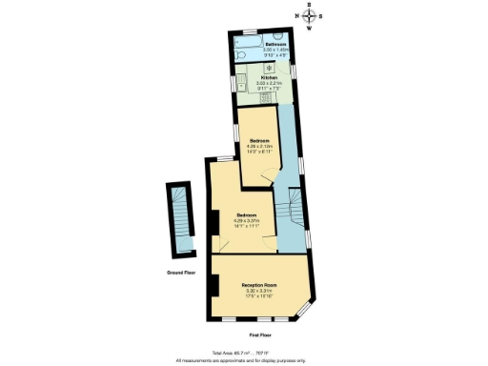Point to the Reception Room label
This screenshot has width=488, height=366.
[x=258, y=286]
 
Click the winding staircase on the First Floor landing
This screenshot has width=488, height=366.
[x=292, y=211]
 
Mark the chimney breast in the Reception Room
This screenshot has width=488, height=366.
[x=216, y=286]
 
